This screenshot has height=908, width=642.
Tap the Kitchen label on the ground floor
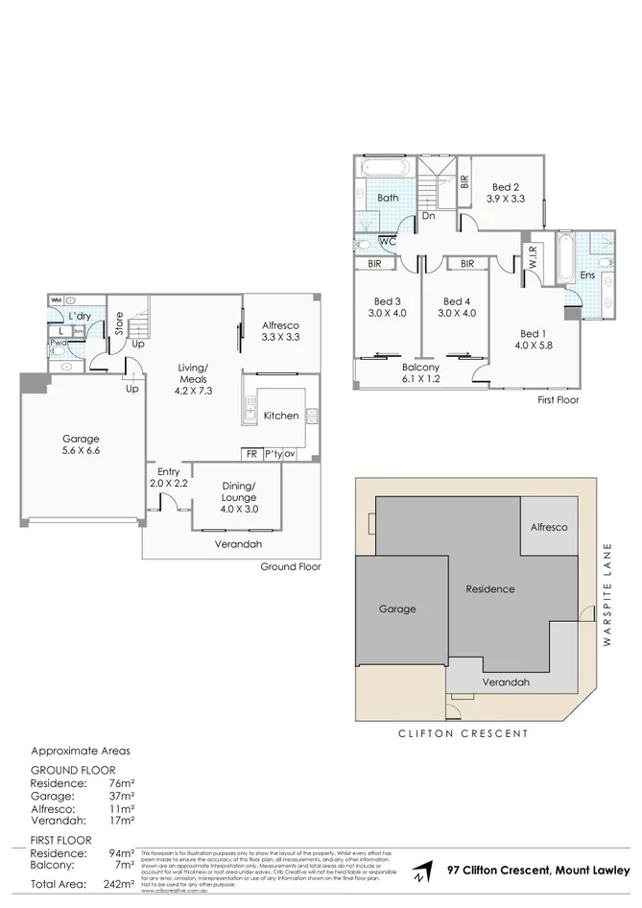click(281, 416)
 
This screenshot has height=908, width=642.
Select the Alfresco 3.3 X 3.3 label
click(281, 331)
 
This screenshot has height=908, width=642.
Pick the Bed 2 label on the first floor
click(506, 193)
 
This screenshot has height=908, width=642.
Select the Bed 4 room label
click(454, 306)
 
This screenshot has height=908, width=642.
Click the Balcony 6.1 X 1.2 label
click(420, 373)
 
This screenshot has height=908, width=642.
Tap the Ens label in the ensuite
click(587, 275)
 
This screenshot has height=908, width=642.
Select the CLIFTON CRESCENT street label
click(463, 732)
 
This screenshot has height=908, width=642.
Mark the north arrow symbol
click(418, 872)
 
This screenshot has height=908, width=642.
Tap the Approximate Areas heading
click(81, 752)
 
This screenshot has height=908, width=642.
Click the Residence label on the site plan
click(489, 589)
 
